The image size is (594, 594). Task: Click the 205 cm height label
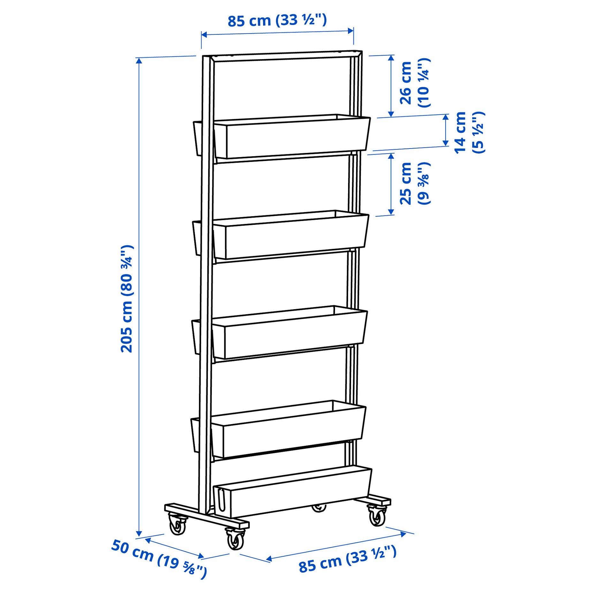127,299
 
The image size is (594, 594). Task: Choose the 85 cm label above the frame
277,20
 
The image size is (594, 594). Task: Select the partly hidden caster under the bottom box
319,508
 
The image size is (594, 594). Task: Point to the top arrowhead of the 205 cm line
139,61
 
